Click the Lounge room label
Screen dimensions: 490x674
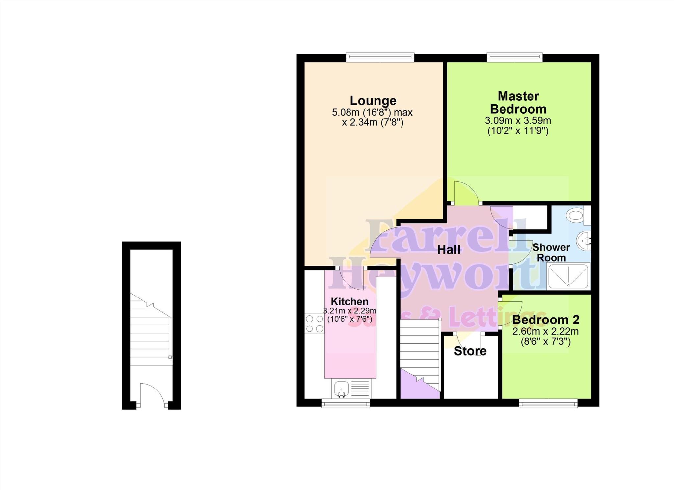coord(373,100)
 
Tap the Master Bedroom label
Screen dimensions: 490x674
coord(518,102)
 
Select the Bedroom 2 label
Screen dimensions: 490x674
coord(545,320)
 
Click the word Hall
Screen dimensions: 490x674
coord(449,250)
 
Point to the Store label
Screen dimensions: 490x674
coord(470,351)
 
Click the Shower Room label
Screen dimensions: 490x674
coord(551,252)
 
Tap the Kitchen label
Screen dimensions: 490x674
coord(349,301)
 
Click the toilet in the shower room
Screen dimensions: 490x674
coord(576,216)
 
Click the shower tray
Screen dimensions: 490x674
coord(568,276)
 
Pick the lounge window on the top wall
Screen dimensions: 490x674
coord(380,58)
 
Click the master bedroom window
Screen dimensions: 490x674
coord(514,58)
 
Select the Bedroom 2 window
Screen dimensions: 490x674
coord(548,403)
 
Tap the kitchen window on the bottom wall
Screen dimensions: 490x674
coord(345,403)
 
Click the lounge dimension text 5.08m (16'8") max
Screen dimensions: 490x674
coord(372,113)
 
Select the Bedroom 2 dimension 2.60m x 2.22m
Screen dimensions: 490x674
coord(545,331)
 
